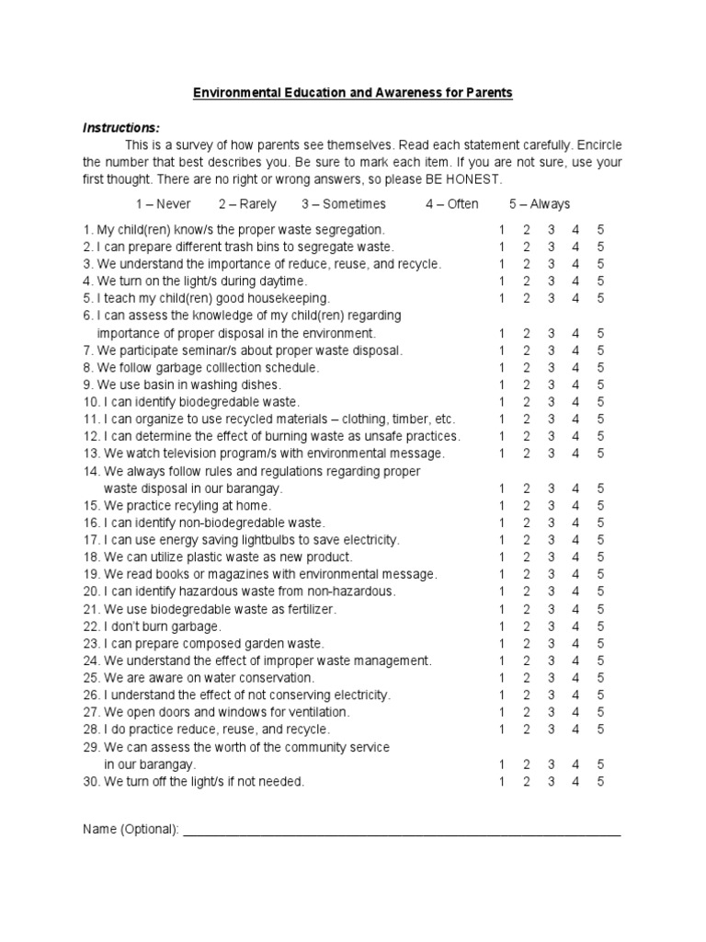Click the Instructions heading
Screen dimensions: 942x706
point(121,127)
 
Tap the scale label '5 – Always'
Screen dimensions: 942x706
point(540,204)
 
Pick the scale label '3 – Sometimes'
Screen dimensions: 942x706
point(344,204)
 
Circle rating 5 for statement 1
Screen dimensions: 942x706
point(600,229)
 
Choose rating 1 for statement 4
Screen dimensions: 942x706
point(502,281)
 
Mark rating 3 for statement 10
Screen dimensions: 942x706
point(552,402)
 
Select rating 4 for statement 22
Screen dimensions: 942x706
point(575,626)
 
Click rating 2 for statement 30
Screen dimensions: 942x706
point(527,782)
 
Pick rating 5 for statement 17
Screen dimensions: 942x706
point(600,540)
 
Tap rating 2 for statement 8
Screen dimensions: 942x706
point(527,368)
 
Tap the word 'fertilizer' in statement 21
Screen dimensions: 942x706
point(310,609)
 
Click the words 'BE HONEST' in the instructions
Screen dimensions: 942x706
point(465,178)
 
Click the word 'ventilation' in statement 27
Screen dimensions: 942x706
point(316,713)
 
